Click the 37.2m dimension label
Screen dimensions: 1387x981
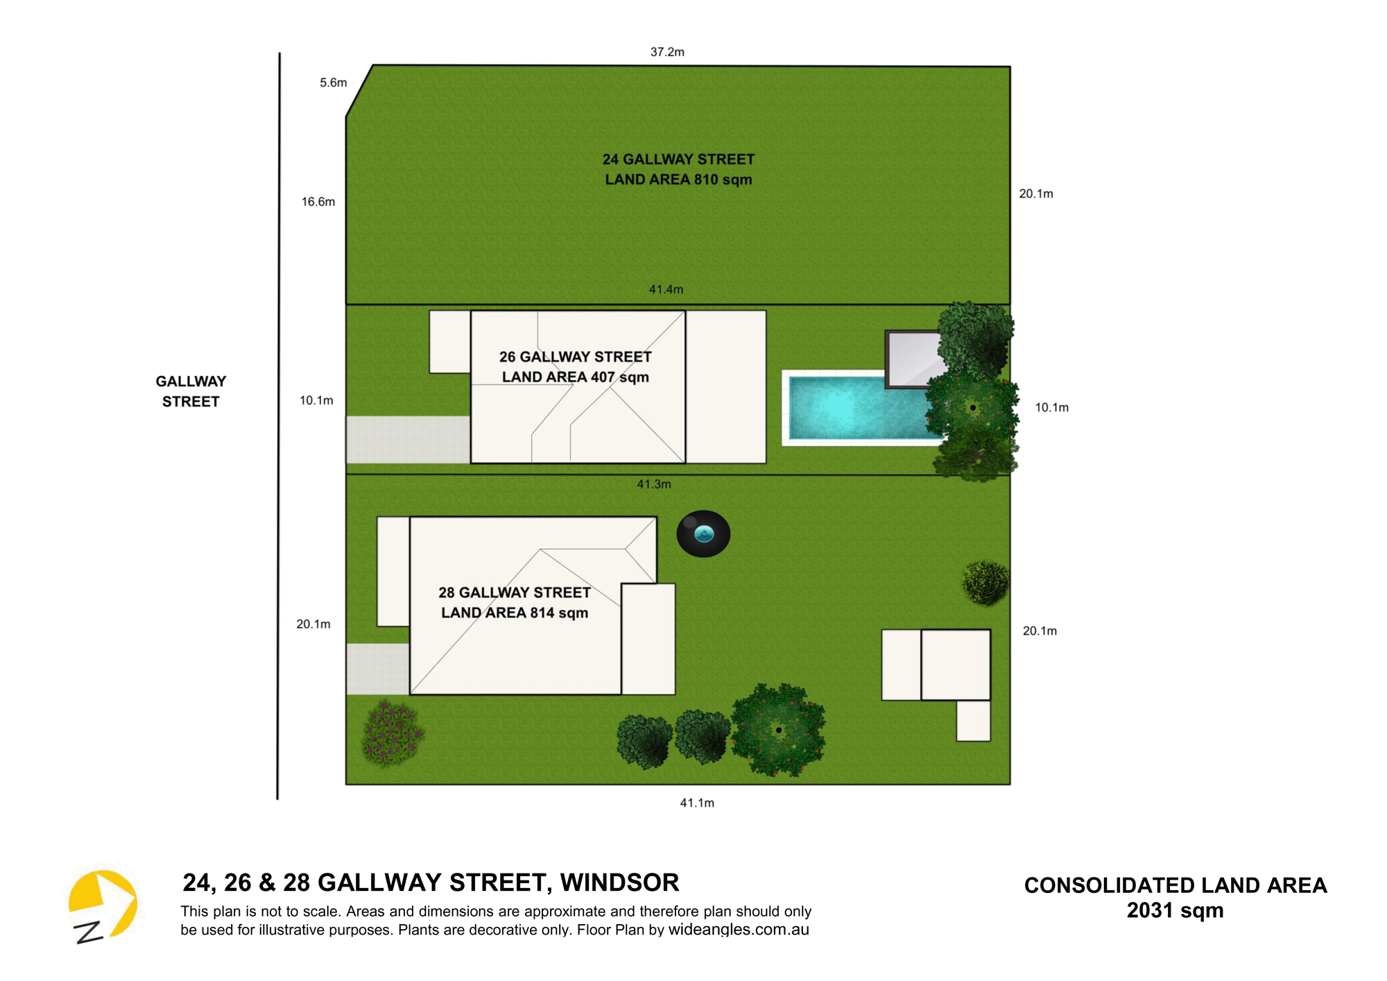pos(667,52)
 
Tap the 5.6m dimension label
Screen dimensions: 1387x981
pos(333,83)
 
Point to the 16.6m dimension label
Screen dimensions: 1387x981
pos(318,202)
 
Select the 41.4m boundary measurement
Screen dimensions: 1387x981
pos(666,289)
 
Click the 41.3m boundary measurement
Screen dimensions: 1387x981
pos(654,484)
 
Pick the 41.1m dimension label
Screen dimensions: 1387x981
pos(697,803)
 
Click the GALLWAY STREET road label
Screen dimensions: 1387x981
pos(191,391)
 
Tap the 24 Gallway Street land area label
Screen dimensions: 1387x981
pos(678,169)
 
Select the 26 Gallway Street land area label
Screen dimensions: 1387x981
pos(576,367)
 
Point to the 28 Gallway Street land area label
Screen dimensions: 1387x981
pos(515,602)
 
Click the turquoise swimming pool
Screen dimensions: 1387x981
pos(860,408)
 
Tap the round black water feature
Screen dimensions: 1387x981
pos(703,534)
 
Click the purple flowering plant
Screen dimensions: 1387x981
pos(392,733)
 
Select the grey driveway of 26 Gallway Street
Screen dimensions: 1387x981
pos(408,439)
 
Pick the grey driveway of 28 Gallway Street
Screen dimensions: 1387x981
pos(378,669)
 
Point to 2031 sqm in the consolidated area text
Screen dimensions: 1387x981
pos(1175,910)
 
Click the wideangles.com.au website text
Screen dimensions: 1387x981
pos(739,930)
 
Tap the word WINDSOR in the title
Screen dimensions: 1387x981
pos(619,882)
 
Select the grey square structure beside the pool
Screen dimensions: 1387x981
pos(914,359)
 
